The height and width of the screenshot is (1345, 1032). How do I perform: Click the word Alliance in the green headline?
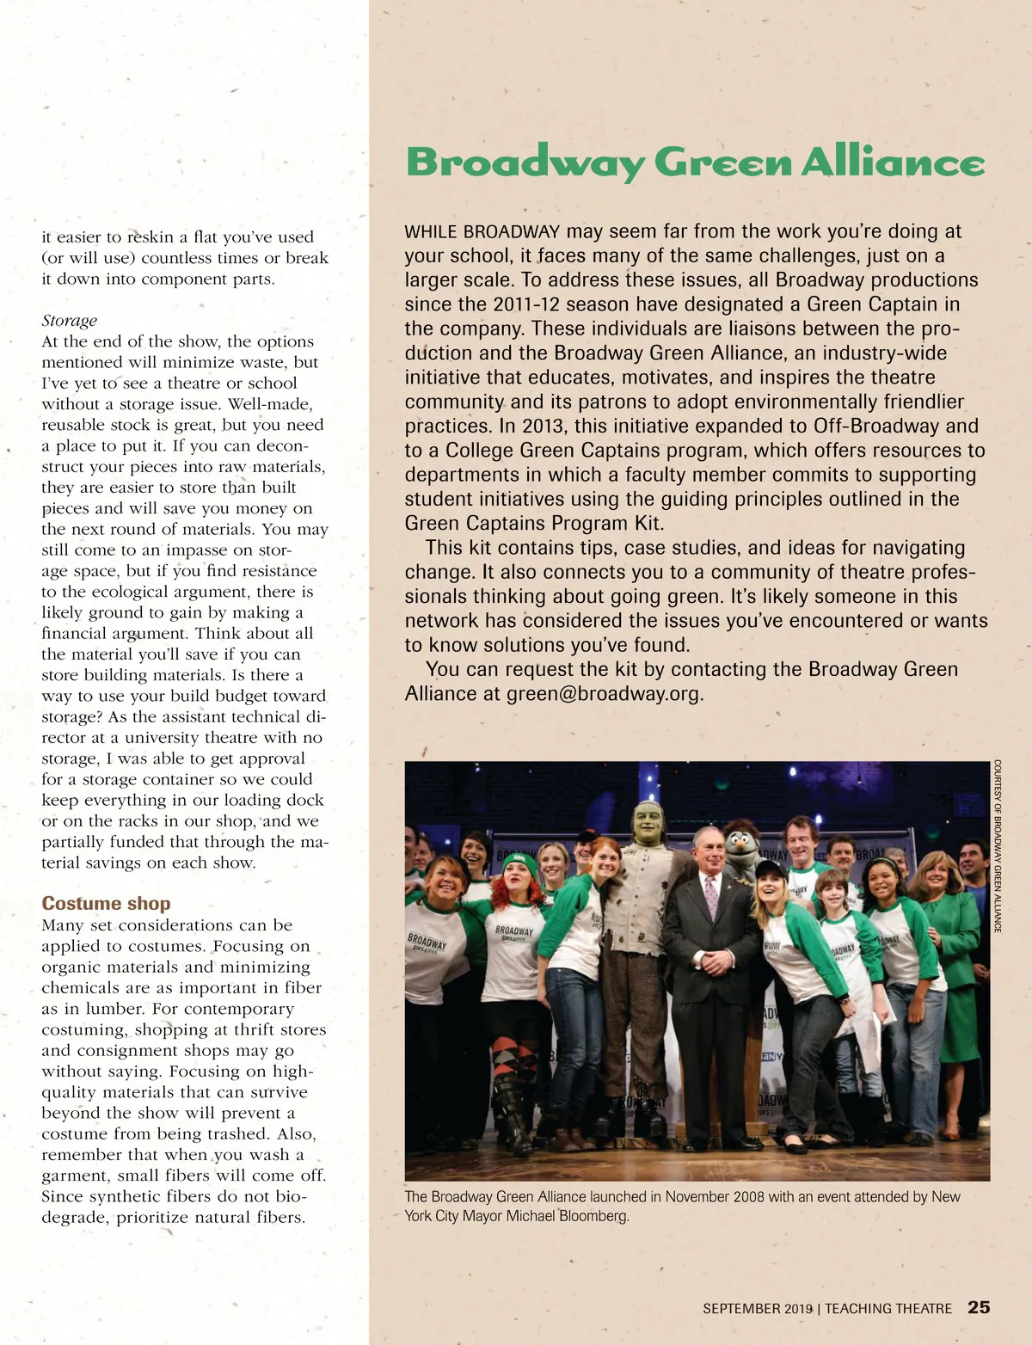pyautogui.click(x=893, y=162)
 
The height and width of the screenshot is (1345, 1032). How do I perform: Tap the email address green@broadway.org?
pyautogui.click(x=605, y=694)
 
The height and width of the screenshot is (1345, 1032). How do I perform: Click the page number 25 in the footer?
pyautogui.click(x=979, y=1307)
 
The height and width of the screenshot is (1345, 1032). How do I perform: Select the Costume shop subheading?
pyautogui.click(x=106, y=903)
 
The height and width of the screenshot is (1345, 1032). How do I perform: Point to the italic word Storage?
pyautogui.click(x=70, y=321)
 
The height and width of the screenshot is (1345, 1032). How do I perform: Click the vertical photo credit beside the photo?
pyautogui.click(x=998, y=845)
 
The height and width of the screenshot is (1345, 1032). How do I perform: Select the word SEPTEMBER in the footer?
pyautogui.click(x=741, y=1309)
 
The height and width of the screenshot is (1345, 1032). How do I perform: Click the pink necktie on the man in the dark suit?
pyautogui.click(x=711, y=894)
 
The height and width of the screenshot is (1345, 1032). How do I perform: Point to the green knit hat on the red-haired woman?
pyautogui.click(x=519, y=863)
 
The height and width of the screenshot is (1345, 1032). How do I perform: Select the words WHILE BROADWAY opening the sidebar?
pyautogui.click(x=482, y=232)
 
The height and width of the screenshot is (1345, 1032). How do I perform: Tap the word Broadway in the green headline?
pyautogui.click(x=525, y=162)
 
